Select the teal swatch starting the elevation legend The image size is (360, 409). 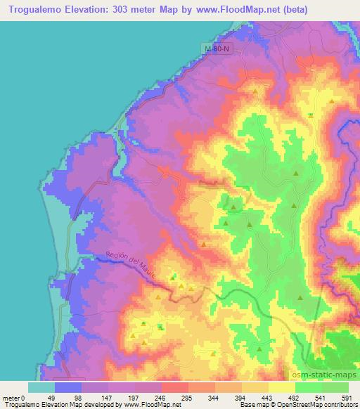[x=41, y=387]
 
